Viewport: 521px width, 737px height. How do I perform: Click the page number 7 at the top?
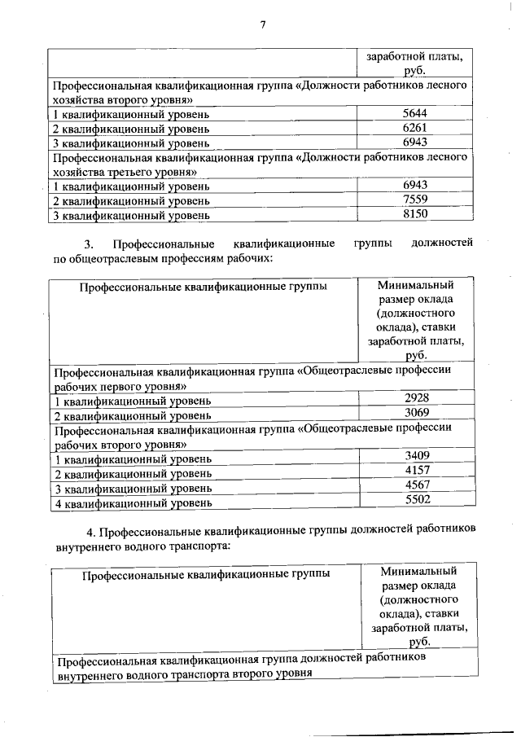pyautogui.click(x=263, y=23)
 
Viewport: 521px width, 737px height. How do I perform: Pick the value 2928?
pyautogui.click(x=416, y=399)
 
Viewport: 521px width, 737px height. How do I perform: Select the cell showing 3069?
pyautogui.click(x=416, y=414)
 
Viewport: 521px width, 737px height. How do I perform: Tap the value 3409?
pyautogui.click(x=416, y=457)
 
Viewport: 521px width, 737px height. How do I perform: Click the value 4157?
pyautogui.click(x=416, y=472)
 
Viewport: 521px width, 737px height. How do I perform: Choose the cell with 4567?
pyautogui.click(x=416, y=487)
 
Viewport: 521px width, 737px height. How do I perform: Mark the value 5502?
pyautogui.click(x=416, y=502)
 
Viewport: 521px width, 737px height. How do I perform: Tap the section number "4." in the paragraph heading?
pyautogui.click(x=90, y=532)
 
